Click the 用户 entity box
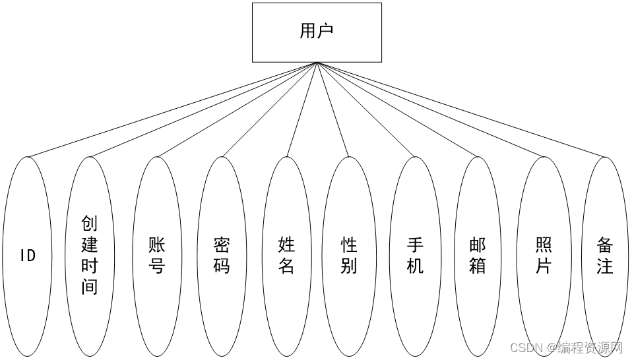click(x=317, y=32)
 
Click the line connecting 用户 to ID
click(x=172, y=109)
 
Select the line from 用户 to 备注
click(x=462, y=109)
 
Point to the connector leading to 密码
click(x=269, y=109)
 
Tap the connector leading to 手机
click(x=366, y=109)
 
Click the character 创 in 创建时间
click(x=90, y=224)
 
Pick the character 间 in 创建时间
click(x=90, y=287)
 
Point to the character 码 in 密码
click(x=222, y=266)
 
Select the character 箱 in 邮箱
click(x=477, y=266)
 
